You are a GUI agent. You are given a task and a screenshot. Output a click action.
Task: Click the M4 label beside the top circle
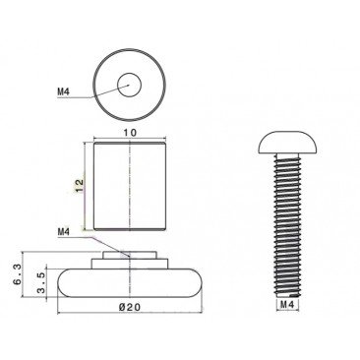pos(64,91)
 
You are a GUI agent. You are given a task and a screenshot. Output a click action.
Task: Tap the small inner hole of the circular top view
pos(129,86)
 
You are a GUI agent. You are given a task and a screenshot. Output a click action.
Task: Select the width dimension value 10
pos(130,133)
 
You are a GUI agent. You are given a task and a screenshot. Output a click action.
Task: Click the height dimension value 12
pos(80,187)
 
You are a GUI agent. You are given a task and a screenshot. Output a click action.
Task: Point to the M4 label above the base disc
pos(64,232)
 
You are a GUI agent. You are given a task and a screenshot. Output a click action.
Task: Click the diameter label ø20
pos(130,307)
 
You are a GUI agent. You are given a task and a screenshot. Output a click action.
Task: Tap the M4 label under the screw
pos(288,304)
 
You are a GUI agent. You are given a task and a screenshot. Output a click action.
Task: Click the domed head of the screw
pos(288,142)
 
